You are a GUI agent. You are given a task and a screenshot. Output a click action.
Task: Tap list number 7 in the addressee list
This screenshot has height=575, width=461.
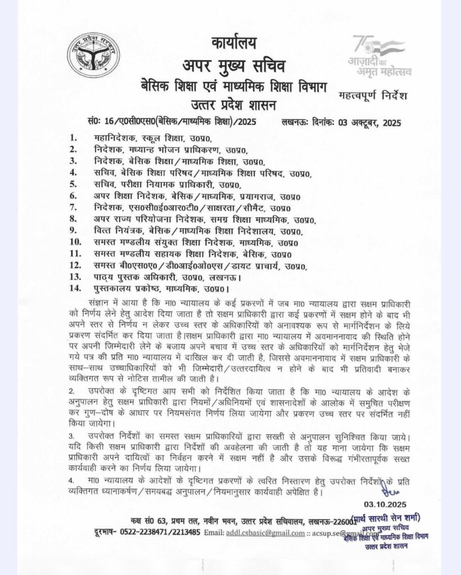click(73, 208)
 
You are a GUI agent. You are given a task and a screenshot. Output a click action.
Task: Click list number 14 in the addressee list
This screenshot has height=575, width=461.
click(75, 289)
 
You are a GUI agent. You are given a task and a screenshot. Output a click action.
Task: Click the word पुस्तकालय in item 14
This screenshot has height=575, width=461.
click(113, 289)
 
